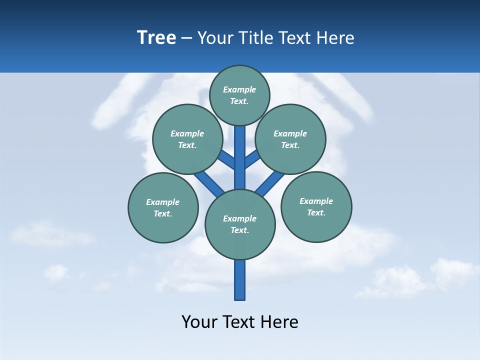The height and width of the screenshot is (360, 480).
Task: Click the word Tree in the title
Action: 156,38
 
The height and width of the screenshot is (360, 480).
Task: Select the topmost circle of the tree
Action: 239,95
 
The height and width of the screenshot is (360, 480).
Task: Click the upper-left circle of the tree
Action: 187,139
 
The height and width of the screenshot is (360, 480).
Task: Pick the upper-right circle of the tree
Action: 290,139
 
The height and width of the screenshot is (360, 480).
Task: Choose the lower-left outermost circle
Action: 163,207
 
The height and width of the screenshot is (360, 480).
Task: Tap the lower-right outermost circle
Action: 316,206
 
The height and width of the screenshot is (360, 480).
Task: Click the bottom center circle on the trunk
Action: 240,224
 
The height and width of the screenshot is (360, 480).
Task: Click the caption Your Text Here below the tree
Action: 240,322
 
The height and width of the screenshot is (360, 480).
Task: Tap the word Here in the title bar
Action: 335,38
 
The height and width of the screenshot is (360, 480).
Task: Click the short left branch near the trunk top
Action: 227,160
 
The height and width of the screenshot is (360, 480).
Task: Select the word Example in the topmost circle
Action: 239,89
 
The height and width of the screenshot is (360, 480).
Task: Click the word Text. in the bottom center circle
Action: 239,230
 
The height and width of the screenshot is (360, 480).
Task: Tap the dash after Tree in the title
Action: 186,38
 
